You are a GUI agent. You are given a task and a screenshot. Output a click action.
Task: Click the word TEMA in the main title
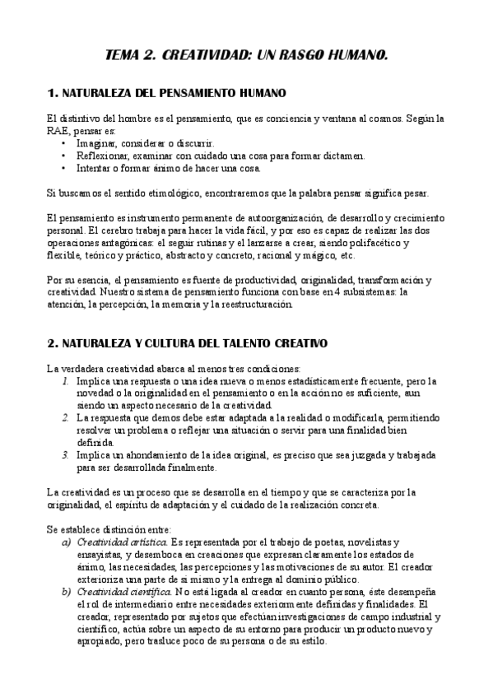coord(125,56)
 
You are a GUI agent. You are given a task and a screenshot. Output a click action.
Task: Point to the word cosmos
coord(379,119)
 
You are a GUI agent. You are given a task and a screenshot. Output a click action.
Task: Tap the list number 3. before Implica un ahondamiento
coord(66,454)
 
